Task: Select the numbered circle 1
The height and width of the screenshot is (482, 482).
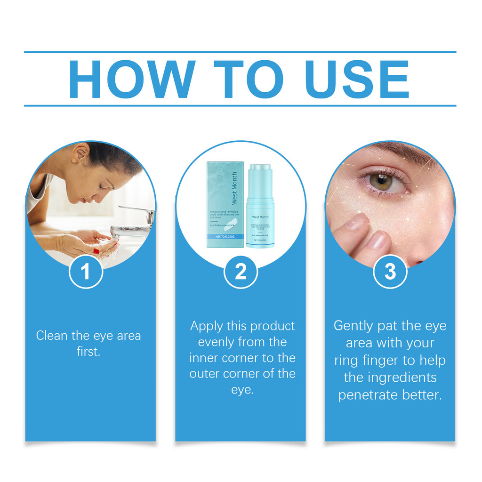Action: coord(86,272)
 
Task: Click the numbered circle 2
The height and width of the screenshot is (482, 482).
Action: coord(241,272)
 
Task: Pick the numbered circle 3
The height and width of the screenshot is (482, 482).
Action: coord(390,272)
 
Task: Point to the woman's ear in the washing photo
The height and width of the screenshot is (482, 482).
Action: coord(80,153)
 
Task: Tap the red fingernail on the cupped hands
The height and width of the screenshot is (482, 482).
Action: coord(96,251)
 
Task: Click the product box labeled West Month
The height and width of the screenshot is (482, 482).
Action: coord(225,204)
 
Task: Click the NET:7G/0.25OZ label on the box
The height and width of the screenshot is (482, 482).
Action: coord(225,237)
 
